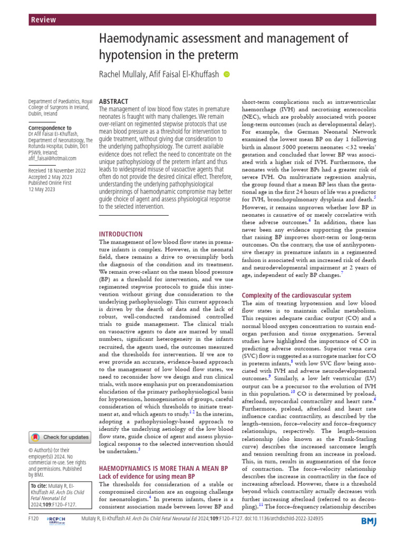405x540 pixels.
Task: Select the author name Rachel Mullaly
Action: coord(123,75)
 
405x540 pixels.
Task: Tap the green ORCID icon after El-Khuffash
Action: coord(227,75)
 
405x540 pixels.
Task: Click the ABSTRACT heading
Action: coord(113,101)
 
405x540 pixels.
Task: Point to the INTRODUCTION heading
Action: coord(121,234)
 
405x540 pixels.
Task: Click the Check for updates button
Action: coord(60,437)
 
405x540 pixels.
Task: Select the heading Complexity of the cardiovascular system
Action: coord(296,296)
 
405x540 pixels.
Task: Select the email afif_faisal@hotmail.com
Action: coord(53,158)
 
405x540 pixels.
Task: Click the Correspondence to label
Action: coord(49,128)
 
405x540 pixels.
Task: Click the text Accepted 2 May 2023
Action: coord(51,178)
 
